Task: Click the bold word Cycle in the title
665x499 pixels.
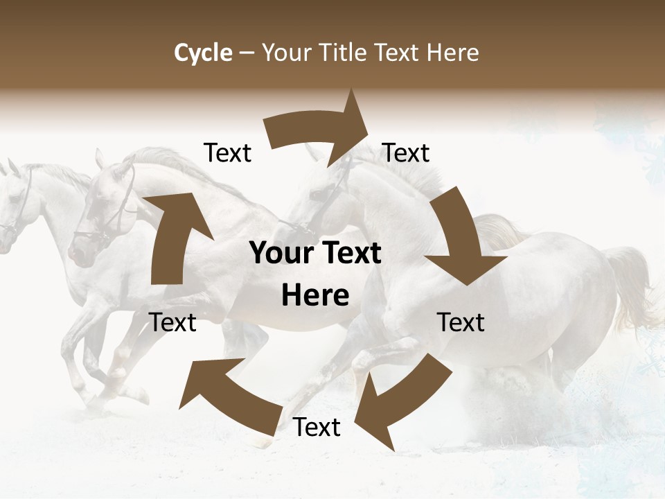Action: [203, 53]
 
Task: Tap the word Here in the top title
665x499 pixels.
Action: [453, 53]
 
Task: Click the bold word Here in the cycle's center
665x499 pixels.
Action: [315, 295]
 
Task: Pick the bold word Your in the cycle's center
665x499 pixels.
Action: [281, 253]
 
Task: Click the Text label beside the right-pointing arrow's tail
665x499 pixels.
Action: [227, 152]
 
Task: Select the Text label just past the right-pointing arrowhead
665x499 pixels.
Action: [406, 152]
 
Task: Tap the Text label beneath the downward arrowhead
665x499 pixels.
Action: [461, 322]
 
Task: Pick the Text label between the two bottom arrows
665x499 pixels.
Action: [317, 428]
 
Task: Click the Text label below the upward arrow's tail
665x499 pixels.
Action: [172, 322]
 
